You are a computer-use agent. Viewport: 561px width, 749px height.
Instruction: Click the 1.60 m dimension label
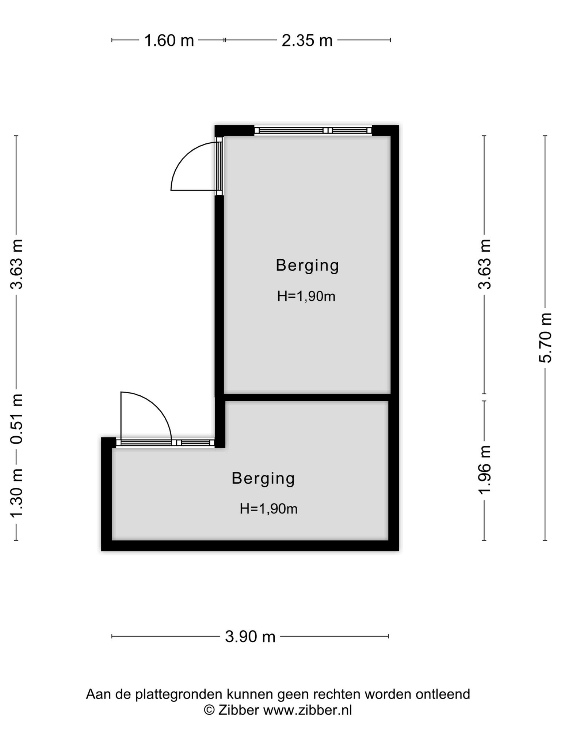[x=169, y=40]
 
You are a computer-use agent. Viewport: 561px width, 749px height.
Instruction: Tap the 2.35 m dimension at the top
[x=307, y=40]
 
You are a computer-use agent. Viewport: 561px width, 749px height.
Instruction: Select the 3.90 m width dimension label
[x=250, y=637]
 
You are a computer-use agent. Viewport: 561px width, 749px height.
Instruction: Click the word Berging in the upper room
[x=308, y=266]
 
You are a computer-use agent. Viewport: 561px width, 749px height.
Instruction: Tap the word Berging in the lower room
[x=263, y=479]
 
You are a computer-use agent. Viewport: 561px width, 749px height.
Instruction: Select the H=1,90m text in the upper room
[x=306, y=296]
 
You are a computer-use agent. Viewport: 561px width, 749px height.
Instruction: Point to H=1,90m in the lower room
[x=269, y=509]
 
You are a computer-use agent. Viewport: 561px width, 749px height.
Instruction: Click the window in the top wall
[x=313, y=130]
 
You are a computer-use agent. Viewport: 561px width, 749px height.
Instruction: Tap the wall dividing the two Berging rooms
[x=307, y=397]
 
